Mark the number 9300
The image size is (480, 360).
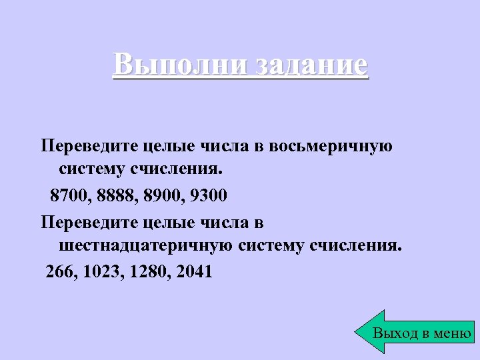pyautogui.click(x=209, y=196)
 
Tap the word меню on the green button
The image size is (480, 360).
pyautogui.click(x=452, y=333)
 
